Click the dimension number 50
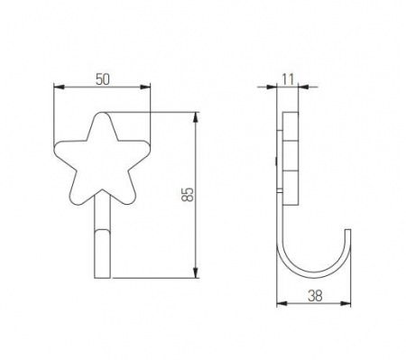click(102, 78)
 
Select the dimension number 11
click(289, 78)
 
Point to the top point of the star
click(102, 115)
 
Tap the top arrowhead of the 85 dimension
click(196, 116)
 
